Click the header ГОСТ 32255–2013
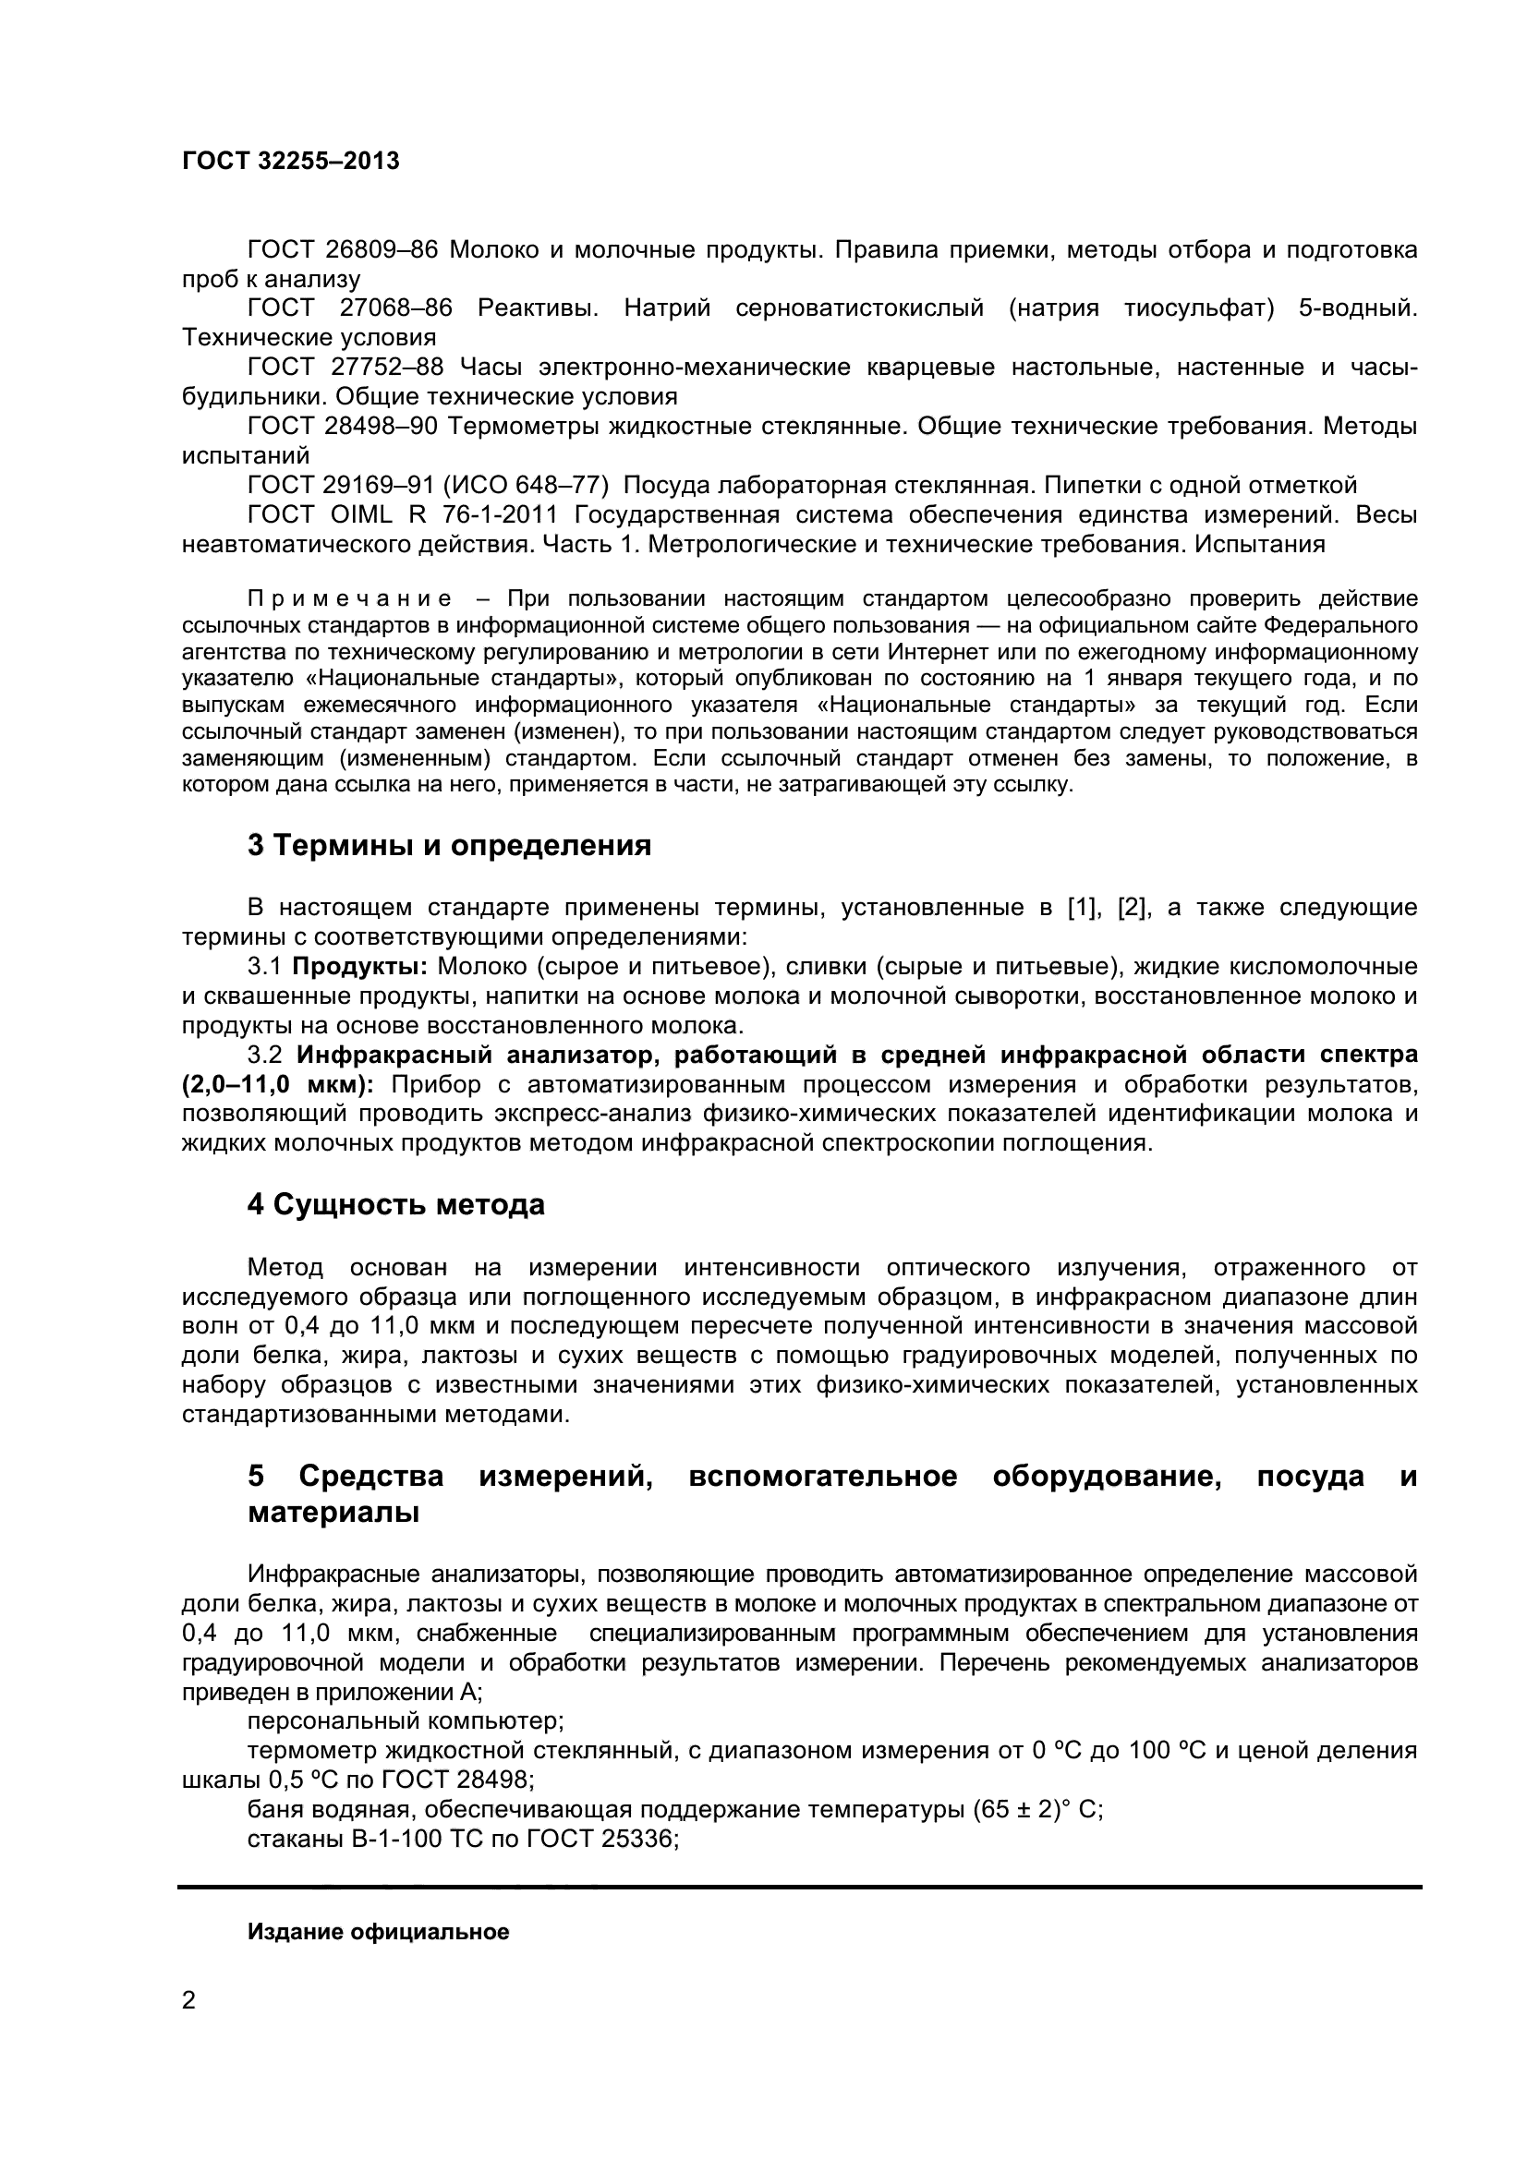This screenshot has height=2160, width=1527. [x=291, y=162]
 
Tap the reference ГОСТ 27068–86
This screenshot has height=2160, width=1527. [x=349, y=308]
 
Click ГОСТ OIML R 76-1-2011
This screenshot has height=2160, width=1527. [x=403, y=515]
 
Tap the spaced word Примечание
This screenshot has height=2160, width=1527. [x=349, y=599]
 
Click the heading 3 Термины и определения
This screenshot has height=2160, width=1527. [x=449, y=846]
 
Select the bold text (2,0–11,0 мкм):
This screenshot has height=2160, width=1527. [x=277, y=1085]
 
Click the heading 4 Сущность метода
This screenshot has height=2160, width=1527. [x=395, y=1205]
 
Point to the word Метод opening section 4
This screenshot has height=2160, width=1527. [x=285, y=1267]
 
